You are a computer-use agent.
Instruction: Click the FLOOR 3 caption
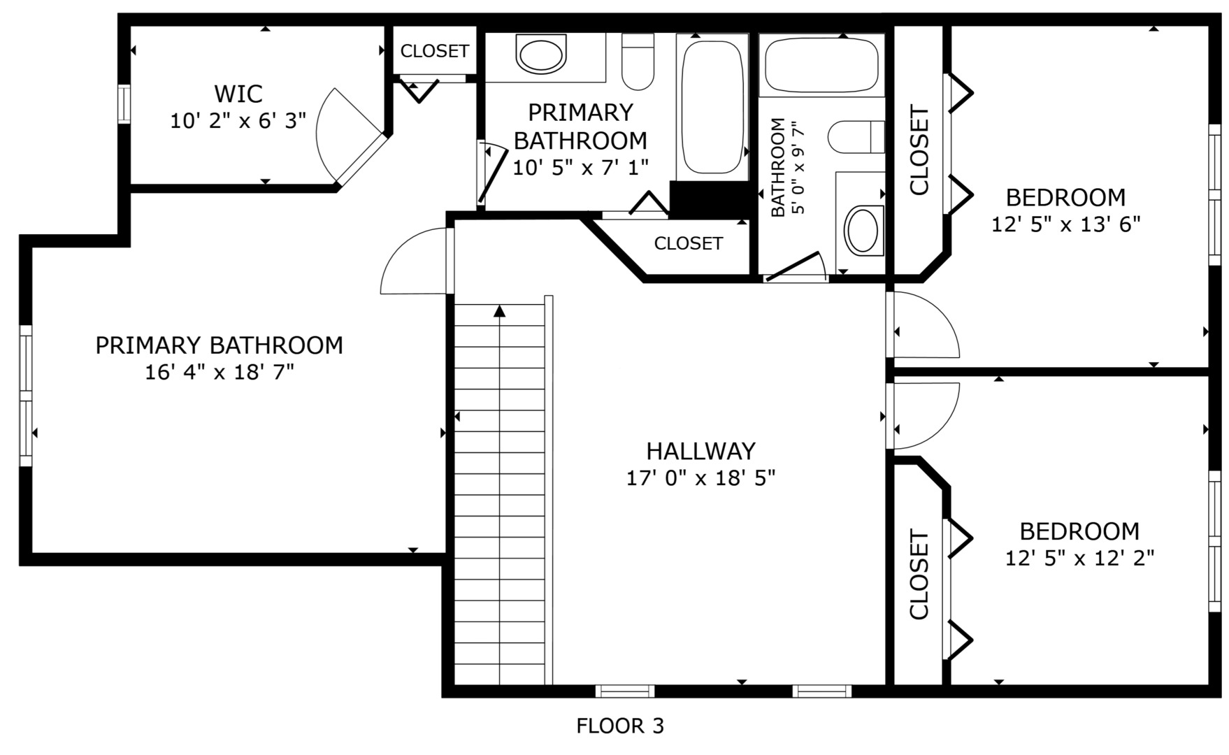pyautogui.click(x=619, y=726)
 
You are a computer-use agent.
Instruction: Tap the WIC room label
pyautogui.click(x=238, y=93)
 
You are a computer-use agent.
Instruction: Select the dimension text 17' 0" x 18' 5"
pyautogui.click(x=701, y=478)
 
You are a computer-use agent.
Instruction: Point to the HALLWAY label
pyautogui.click(x=701, y=450)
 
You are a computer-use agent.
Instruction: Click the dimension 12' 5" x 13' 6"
pyautogui.click(x=1066, y=224)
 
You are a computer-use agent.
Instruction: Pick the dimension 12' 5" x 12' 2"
pyautogui.click(x=1079, y=558)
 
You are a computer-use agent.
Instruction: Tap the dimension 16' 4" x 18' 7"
pyautogui.click(x=219, y=372)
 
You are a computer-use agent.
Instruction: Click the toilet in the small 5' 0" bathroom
pyautogui.click(x=857, y=136)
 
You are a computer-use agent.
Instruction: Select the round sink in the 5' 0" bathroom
pyautogui.click(x=864, y=230)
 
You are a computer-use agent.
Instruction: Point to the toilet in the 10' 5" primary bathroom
pyautogui.click(x=638, y=62)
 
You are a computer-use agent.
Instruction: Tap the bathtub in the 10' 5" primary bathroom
pyautogui.click(x=712, y=106)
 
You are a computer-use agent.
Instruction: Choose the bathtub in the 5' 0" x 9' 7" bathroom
pyautogui.click(x=822, y=64)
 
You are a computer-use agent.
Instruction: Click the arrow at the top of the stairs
pyautogui.click(x=499, y=311)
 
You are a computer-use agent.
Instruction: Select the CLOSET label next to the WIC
pyautogui.click(x=434, y=51)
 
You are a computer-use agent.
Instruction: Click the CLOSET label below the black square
pyautogui.click(x=688, y=243)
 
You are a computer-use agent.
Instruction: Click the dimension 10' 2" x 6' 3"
pyautogui.click(x=238, y=121)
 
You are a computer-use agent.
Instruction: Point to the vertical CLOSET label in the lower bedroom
pyautogui.click(x=919, y=575)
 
